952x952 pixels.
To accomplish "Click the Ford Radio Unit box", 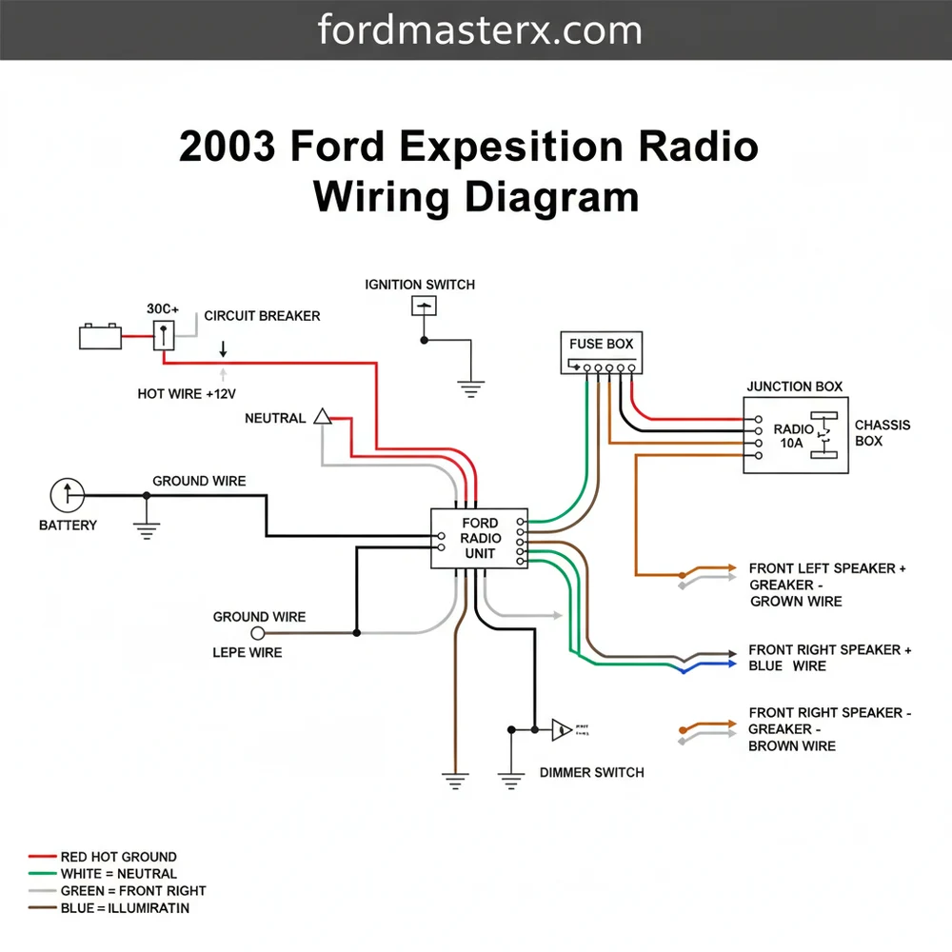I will (480, 538).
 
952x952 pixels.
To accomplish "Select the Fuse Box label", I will (601, 344).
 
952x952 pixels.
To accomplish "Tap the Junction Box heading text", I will (794, 387).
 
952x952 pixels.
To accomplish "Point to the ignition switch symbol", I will (424, 306).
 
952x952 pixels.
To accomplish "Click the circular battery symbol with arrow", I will (68, 495).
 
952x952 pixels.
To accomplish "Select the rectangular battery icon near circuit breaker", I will (100, 336).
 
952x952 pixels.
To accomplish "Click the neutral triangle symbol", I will (322, 417).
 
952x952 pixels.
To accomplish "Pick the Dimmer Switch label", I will (591, 772).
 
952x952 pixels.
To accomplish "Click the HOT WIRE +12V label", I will (187, 393).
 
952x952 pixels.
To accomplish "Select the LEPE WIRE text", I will (247, 652).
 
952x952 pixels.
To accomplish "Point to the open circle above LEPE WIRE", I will (257, 632).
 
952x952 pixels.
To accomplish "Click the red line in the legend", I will (42, 857).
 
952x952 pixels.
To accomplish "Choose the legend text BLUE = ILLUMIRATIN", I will (125, 908).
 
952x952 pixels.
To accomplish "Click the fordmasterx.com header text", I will (480, 30).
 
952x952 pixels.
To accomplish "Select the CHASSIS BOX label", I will (883, 433).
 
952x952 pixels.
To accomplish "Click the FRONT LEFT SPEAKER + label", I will (827, 568).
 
